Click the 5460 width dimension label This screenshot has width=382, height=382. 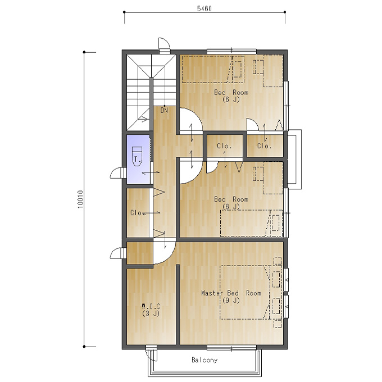204,8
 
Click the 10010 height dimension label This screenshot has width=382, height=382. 80,199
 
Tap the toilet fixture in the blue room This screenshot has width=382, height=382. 137,156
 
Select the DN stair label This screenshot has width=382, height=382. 164,110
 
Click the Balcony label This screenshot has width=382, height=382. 204,360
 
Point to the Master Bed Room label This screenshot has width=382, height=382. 231,293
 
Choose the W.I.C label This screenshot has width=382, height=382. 151,306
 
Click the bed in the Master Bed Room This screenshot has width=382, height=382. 245,292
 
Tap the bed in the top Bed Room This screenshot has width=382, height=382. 213,70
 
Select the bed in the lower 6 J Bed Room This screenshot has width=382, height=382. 252,223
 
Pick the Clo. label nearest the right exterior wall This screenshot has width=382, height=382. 265,145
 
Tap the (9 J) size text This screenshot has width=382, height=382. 231,301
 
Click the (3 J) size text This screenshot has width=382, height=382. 151,313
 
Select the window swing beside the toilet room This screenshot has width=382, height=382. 117,172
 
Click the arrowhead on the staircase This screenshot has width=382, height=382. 145,119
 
